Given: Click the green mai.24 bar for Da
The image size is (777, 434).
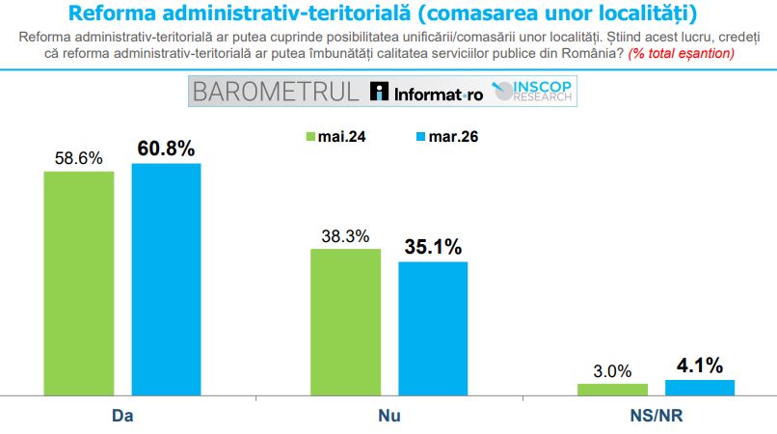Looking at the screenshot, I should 79,283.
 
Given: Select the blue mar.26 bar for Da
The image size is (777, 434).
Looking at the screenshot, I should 166,279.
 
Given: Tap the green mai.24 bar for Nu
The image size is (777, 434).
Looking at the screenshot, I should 344,321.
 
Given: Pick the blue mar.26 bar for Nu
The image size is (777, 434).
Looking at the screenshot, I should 433,328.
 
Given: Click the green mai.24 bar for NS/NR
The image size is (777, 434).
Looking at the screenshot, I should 612,389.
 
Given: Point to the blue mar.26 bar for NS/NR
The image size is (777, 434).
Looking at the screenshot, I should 700,387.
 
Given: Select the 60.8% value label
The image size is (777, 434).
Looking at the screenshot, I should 166,149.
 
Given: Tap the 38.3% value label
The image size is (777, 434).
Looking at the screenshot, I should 344,234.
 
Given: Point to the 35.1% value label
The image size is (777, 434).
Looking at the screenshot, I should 433,247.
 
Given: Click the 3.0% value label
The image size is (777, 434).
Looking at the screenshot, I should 612,370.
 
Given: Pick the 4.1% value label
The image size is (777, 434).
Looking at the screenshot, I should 700,366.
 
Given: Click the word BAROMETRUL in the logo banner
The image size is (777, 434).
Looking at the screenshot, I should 275,92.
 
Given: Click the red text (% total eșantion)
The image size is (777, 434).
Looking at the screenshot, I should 681,53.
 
